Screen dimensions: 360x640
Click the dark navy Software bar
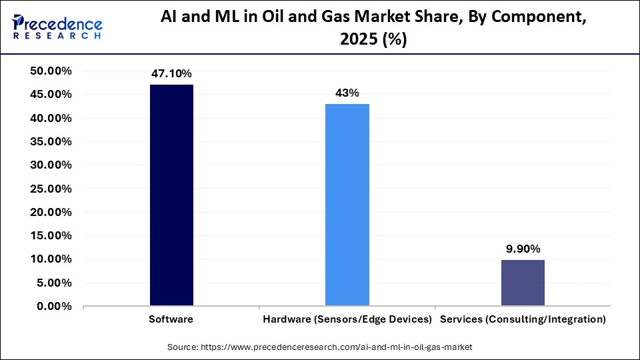coord(171,195)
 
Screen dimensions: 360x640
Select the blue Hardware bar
coord(347,205)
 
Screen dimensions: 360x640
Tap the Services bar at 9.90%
coord(523,283)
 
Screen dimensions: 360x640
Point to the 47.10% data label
coord(171,73)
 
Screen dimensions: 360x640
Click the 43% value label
coord(347,93)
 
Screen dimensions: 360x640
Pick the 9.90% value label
coord(523,249)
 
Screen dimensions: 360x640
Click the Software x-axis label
coord(171,319)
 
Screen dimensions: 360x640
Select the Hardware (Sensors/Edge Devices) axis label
coord(347,319)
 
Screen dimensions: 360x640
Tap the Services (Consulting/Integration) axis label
coord(523,319)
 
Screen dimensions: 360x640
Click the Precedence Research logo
coord(57,27)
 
